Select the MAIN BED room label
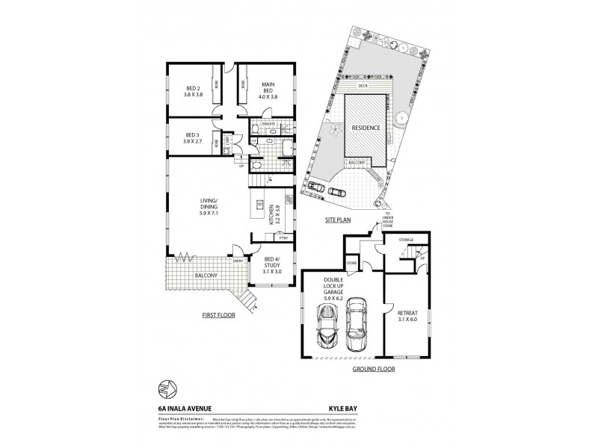click(268, 90)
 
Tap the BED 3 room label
click(183, 138)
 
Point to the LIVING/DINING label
click(207, 205)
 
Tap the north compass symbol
click(167, 388)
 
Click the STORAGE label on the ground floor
click(406, 240)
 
